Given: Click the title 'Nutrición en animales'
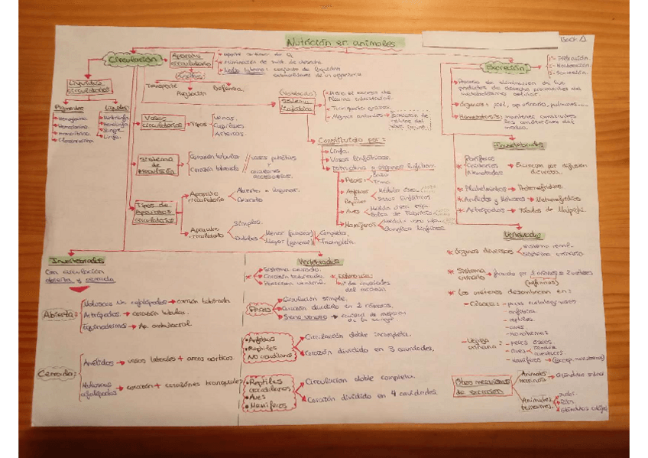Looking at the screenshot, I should click(341, 43).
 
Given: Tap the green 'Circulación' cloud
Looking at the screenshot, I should click(133, 60).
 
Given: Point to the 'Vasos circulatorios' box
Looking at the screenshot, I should click(161, 122).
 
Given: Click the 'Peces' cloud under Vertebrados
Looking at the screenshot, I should click(261, 309).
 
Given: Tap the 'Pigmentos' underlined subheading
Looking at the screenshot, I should click(68, 107).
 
